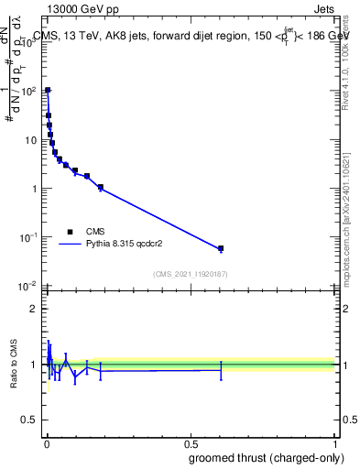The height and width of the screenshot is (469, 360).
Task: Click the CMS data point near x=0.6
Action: coord(220,248)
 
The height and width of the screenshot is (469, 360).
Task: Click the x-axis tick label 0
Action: coord(46,443)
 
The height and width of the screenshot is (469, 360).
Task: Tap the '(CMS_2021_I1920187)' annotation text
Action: coord(191,275)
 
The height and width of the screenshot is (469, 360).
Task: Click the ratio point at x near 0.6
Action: coord(220,370)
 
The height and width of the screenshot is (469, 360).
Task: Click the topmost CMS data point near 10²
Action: coord(48,91)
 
